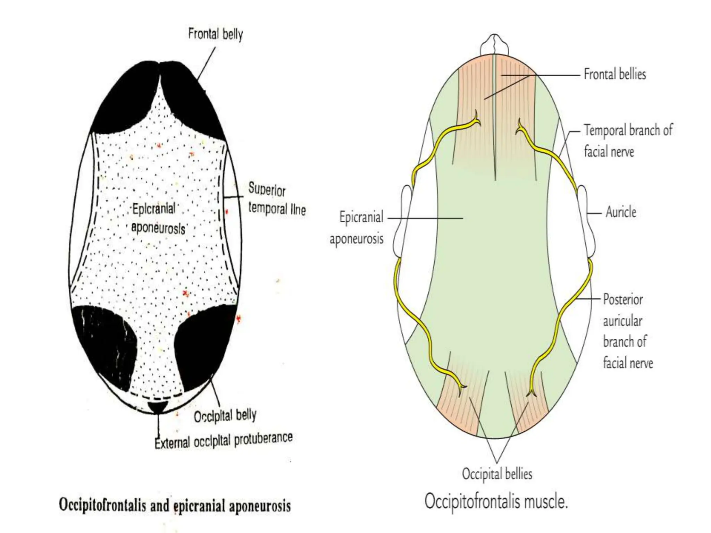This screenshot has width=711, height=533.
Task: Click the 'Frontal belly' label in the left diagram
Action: coord(215,34)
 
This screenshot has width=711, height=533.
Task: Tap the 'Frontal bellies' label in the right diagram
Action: coord(614,74)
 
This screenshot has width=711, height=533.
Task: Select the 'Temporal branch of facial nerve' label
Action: coord(628,141)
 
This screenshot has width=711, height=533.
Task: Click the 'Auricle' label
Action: coord(621,212)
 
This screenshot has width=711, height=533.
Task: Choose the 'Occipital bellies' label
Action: coord(497,474)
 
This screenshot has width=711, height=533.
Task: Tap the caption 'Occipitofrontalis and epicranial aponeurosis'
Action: coord(175,505)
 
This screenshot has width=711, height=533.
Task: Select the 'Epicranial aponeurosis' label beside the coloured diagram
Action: coord(357,228)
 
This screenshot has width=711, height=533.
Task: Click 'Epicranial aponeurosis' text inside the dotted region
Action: coord(158,219)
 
